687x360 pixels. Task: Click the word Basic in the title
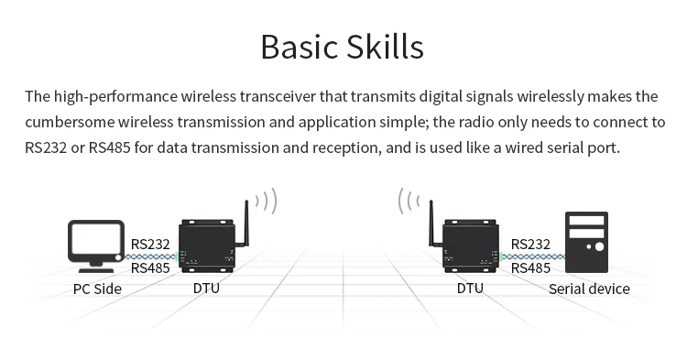coord(298,46)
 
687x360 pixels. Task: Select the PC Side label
coord(97,289)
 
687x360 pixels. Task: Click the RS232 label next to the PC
coord(150,245)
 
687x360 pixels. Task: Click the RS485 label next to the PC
coord(150,268)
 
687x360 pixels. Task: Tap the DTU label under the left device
coord(206,289)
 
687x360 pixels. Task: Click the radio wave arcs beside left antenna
coord(267,201)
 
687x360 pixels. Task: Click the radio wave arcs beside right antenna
coord(408,201)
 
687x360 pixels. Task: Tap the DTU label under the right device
coord(470,289)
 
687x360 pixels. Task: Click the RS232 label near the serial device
coord(531,245)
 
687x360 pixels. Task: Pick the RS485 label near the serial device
coord(531,268)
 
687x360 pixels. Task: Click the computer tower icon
coord(586,243)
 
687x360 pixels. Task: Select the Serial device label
coord(589,289)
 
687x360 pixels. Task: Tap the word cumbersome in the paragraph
coord(69,122)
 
